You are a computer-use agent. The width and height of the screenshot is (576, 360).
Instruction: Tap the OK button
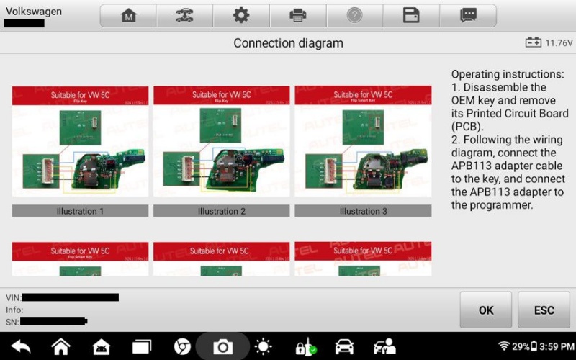486,310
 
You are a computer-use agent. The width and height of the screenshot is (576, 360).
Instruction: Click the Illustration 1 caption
80,211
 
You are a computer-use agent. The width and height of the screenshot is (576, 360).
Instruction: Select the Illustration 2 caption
222,211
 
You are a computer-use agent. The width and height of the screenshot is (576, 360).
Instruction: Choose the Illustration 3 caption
363,211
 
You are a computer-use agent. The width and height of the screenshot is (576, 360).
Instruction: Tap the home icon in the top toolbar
128,15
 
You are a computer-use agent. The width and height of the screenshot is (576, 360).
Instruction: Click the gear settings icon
241,15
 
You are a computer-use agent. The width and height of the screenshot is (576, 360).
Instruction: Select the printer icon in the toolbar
297,15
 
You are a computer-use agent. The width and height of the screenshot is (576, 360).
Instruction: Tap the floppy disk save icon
411,15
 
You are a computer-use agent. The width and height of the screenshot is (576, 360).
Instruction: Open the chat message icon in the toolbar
468,15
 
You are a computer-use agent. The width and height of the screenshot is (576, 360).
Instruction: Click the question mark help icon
354,15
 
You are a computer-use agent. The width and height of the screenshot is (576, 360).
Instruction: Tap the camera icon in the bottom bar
222,347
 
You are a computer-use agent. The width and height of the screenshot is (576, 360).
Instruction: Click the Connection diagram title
288,43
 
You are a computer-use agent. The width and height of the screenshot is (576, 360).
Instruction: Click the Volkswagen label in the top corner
34,12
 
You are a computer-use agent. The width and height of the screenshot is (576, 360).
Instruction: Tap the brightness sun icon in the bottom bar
264,347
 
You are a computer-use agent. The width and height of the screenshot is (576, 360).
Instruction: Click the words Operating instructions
508,74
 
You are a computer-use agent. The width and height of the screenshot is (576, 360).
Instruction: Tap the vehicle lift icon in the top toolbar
184,15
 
